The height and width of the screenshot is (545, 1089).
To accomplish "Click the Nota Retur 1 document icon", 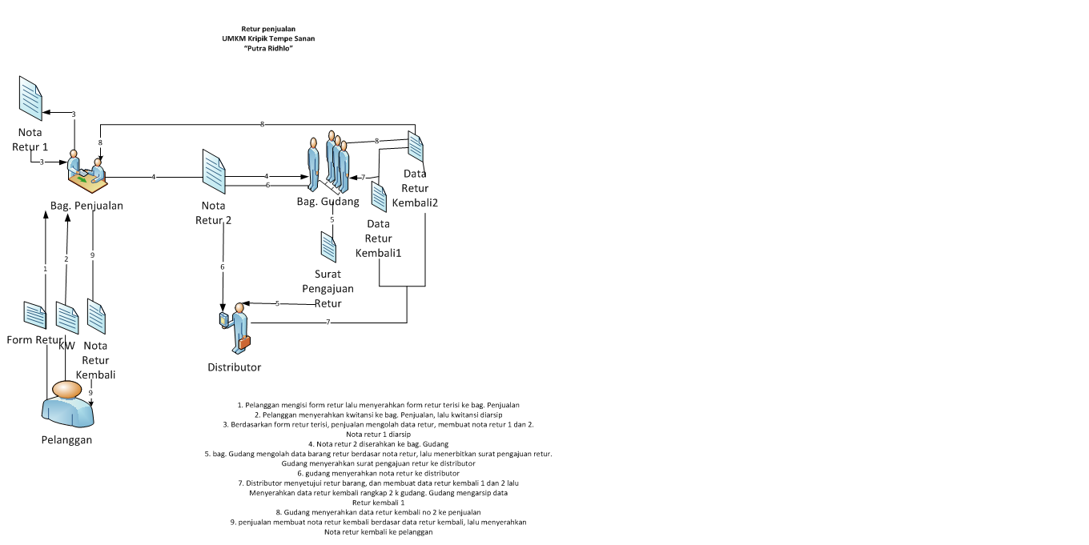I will (31, 98).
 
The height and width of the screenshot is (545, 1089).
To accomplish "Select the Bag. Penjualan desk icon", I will (86, 172).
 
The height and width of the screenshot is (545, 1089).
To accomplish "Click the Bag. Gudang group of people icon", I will (329, 163).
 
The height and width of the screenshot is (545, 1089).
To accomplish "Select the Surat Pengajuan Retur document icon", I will (328, 246).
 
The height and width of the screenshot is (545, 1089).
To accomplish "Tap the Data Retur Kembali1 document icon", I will (380, 197).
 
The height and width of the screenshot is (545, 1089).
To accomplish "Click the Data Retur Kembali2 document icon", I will (416, 147).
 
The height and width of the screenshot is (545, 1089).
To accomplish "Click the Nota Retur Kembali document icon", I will (96, 317).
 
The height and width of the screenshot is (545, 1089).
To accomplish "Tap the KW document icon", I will (67, 318).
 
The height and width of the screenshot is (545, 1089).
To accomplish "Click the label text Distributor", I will (234, 367).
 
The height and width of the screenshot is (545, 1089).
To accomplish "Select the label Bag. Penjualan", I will (86, 206).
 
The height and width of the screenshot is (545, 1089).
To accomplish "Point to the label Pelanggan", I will (66, 439).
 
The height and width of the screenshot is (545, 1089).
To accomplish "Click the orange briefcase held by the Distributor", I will (243, 342).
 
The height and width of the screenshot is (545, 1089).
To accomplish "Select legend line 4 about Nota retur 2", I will (378, 443).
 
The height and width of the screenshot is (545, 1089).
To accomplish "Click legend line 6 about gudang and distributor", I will (378, 473).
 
